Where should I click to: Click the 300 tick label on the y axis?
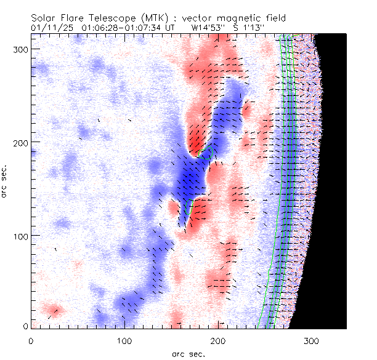(x=20, y=49)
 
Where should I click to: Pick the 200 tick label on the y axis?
(x=20, y=142)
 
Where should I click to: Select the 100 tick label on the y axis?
(x=20, y=236)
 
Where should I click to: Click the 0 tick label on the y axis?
(x=25, y=326)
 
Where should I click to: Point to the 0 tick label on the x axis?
(x=31, y=339)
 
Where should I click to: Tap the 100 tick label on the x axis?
(x=125, y=339)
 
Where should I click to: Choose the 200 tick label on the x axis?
(x=219, y=339)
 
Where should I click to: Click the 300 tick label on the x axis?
(x=312, y=339)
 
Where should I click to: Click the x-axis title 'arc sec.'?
(x=188, y=353)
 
